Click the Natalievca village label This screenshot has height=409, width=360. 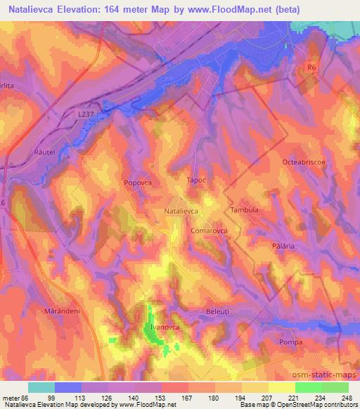tap(181, 210)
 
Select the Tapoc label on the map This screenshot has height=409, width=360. tap(196, 181)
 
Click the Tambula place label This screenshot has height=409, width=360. tap(245, 210)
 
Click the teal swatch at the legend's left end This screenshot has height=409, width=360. tap(41, 387)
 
